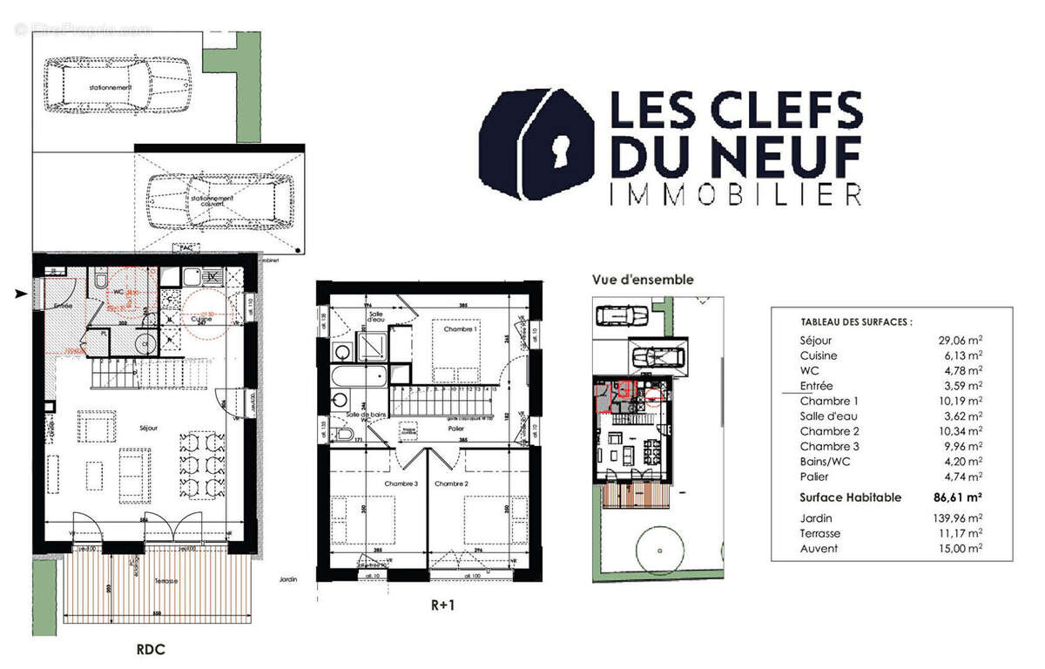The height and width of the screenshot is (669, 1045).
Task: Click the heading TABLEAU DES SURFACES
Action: click(843, 321)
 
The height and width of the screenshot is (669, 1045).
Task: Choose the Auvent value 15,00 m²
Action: click(961, 549)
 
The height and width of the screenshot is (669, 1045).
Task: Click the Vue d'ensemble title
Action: click(643, 280)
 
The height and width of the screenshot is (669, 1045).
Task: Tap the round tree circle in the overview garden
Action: click(659, 551)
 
